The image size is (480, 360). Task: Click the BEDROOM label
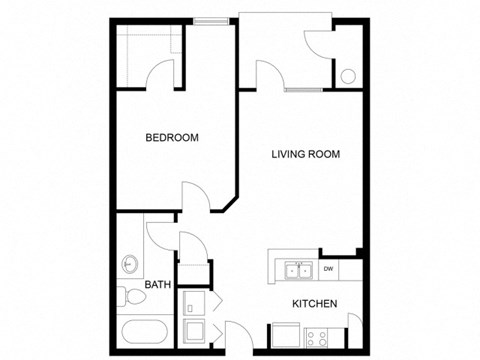tap(171, 138)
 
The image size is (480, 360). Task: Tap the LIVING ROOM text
tap(307, 154)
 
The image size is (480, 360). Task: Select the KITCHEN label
tap(313, 303)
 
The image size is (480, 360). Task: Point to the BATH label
tap(158, 285)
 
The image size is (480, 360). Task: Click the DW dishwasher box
tap(328, 269)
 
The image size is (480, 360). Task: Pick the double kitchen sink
tap(296, 269)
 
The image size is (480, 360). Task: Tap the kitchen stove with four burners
tap(319, 337)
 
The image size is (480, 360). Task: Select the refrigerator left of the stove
tap(282, 336)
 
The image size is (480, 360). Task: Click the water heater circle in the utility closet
tap(348, 75)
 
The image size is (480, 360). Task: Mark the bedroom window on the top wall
tap(209, 19)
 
